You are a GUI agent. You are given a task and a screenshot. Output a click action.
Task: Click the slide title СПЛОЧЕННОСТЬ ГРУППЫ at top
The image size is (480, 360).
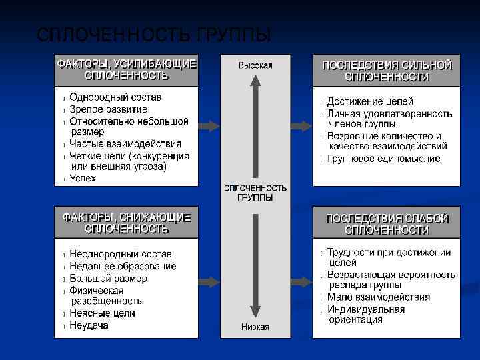154,35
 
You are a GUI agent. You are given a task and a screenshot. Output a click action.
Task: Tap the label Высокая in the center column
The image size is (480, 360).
255,65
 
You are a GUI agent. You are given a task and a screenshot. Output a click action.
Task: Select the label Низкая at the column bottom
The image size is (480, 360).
255,327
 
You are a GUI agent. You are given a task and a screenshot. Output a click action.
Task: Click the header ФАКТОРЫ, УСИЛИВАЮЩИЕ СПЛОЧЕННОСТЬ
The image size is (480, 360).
127,70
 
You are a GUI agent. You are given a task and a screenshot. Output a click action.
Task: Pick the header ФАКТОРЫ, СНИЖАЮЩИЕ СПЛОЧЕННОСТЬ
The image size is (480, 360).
127,223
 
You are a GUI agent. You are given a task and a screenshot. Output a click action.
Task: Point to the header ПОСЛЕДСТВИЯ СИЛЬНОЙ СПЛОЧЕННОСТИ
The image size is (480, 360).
387,71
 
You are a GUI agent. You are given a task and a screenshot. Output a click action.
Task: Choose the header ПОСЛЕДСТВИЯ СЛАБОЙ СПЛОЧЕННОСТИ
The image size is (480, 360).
387,223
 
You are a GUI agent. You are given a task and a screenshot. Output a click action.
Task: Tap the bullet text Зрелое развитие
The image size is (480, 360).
108,109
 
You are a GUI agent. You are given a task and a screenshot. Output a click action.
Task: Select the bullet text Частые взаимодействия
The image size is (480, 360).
125,143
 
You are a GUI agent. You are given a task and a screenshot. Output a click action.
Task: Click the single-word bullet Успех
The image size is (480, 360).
83,178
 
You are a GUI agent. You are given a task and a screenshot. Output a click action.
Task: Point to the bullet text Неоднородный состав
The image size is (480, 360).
120,254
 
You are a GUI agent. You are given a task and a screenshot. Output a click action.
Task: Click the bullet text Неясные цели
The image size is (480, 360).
102,313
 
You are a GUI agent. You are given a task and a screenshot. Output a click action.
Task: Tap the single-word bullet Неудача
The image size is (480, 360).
89,325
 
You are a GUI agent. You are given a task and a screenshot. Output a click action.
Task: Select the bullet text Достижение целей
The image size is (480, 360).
370,101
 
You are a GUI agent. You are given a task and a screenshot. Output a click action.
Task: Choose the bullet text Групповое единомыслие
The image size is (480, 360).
383,159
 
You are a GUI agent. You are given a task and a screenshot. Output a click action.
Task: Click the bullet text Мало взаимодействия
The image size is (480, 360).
379,297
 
